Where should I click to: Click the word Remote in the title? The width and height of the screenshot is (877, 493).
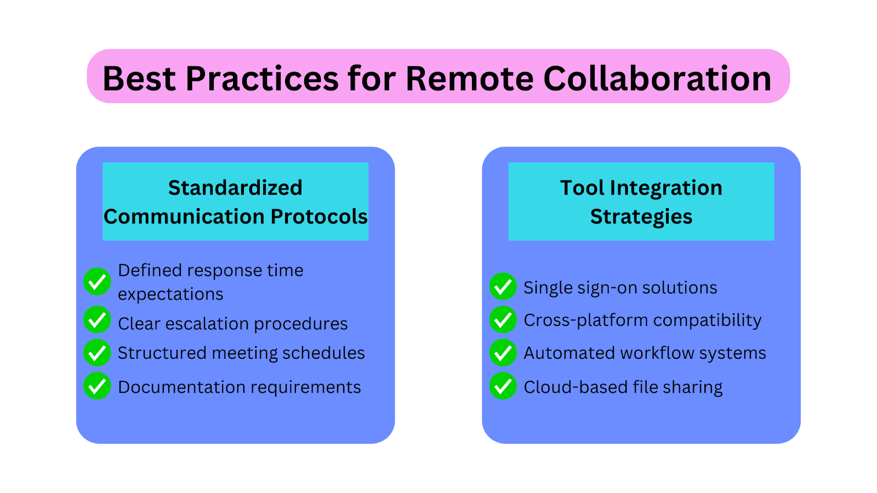pyautogui.click(x=469, y=79)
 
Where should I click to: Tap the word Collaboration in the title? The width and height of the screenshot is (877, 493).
pyautogui.click(x=657, y=78)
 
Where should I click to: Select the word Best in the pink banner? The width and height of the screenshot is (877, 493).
pyautogui.click(x=139, y=79)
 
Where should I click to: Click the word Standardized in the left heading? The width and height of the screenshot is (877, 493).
pyautogui.click(x=235, y=188)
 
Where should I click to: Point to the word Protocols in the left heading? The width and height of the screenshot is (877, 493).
pyautogui.click(x=318, y=216)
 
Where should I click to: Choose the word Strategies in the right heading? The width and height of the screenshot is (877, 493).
pyautogui.click(x=641, y=217)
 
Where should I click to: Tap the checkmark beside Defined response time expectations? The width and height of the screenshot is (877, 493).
pyautogui.click(x=97, y=282)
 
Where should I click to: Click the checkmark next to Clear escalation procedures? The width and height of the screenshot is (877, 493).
pyautogui.click(x=97, y=320)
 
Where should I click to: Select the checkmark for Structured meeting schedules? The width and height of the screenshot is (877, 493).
pyautogui.click(x=97, y=353)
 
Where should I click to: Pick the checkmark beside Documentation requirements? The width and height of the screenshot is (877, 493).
pyautogui.click(x=97, y=386)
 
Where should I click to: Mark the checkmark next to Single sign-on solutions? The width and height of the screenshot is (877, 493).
pyautogui.click(x=503, y=286)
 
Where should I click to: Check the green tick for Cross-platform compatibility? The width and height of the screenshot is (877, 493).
pyautogui.click(x=503, y=320)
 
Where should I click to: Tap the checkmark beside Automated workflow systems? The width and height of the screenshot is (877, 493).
pyautogui.click(x=503, y=353)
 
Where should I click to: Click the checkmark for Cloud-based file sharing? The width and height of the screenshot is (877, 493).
pyautogui.click(x=503, y=386)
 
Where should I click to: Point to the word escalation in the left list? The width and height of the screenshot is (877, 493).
pyautogui.click(x=207, y=324)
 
